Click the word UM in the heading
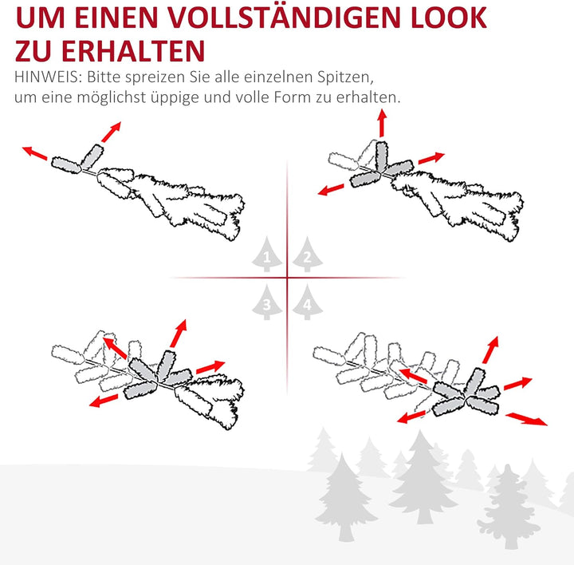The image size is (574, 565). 39,17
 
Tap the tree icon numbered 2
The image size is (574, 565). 305,256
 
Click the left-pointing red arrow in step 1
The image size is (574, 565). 34,152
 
